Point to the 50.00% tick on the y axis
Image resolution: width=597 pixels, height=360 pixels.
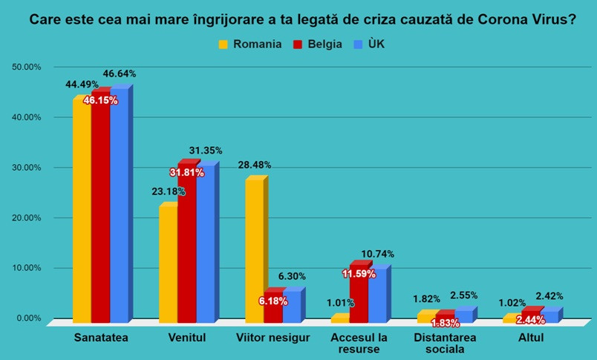[27, 67]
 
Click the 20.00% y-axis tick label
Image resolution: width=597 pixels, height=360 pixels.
[27, 217]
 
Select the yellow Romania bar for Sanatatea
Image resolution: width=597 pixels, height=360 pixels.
[81, 212]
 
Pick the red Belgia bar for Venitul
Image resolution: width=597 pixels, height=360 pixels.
[186, 245]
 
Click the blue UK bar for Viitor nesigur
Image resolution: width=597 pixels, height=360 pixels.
[291, 306]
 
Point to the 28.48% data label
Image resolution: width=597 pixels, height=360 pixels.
[257, 165]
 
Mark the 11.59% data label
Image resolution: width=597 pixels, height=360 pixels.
[359, 274]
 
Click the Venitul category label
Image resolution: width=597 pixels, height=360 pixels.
[186, 338]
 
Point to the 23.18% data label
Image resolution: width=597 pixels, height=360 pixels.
[168, 191]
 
